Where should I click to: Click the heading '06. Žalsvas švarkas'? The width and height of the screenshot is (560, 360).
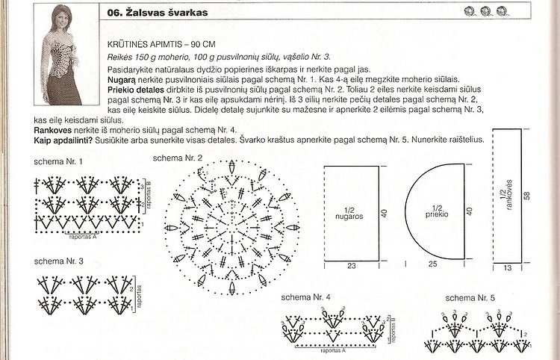[158, 13]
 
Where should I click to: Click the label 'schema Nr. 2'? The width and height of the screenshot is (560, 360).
[177, 158]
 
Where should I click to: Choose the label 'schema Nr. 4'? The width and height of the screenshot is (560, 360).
[306, 297]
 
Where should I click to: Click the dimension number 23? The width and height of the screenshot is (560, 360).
[350, 264]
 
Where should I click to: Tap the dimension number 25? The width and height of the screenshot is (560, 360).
[432, 264]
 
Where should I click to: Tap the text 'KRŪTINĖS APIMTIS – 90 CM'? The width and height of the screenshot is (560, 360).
[164, 44]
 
